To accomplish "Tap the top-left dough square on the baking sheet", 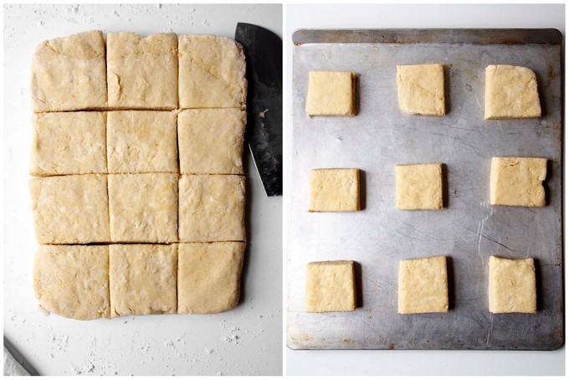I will pos(330,93).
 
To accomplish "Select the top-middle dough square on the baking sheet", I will pos(420,90).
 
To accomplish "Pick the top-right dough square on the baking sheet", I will pos(512,92).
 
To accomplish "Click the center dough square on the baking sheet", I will pos(418,186).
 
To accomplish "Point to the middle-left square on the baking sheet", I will pos(335,190).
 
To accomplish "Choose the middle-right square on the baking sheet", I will pos(518,182).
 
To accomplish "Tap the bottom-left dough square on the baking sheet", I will pos(330,286).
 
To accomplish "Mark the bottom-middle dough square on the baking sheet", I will pos(422,285).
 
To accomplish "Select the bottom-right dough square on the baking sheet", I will pos(512,285).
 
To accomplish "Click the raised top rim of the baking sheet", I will pos(426,36).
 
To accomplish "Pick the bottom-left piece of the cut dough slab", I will pos(72,280).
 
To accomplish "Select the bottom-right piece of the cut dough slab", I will pos(210,277).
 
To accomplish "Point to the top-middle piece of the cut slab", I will pos(141,70).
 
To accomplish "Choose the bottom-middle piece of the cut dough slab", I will pos(142,280).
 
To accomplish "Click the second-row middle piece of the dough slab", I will pos(141,141).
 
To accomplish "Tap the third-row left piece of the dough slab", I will pos(70,209).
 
